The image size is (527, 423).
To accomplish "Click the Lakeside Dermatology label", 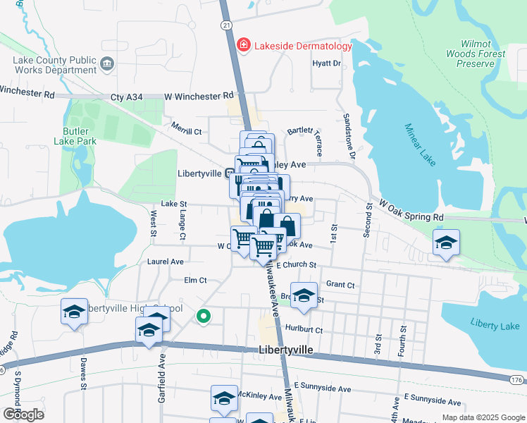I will (x=303, y=47).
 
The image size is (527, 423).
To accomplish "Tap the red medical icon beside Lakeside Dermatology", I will (x=244, y=46).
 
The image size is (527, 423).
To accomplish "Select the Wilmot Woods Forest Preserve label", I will (x=475, y=54).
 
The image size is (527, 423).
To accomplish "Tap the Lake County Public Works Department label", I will (x=54, y=65).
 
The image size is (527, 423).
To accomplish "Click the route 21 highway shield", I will (x=225, y=25).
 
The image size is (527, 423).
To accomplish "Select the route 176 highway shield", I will (x=516, y=380).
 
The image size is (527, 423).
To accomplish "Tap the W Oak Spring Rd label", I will (x=411, y=210).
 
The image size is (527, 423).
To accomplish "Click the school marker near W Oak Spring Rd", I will (x=446, y=243).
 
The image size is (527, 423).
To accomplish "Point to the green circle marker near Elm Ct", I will (x=204, y=317).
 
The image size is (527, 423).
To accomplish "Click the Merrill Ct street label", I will (x=187, y=131).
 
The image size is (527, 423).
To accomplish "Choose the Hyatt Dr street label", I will (x=327, y=63).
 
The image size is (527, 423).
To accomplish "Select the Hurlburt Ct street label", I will (x=304, y=329).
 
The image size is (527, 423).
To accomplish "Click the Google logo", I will (x=23, y=414).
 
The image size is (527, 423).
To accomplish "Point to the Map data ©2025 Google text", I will (x=483, y=417).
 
